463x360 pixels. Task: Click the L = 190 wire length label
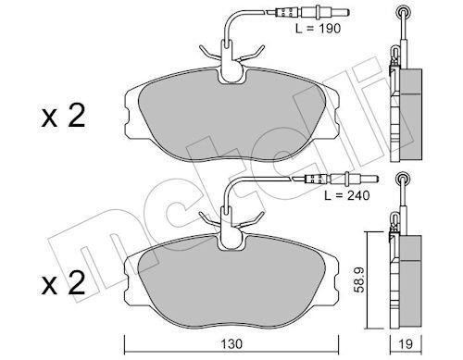(x=318, y=29)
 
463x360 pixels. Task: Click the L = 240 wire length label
(x=346, y=195)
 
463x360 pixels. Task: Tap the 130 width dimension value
(x=231, y=344)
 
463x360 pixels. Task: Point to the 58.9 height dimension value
(x=360, y=279)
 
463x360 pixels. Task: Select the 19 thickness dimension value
(x=406, y=344)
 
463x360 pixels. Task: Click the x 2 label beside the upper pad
(x=63, y=117)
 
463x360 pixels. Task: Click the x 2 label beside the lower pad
(x=63, y=283)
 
